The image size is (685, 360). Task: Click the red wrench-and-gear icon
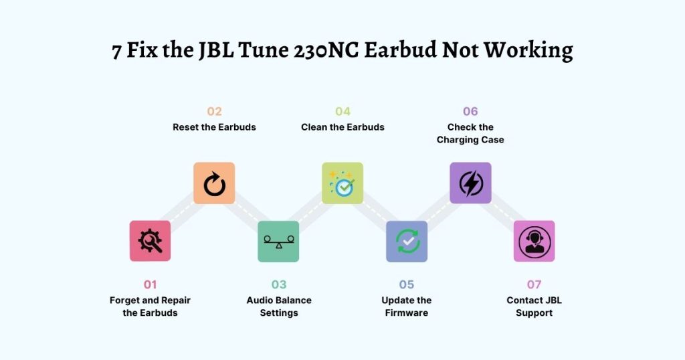150,241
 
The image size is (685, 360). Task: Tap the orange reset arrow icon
214,183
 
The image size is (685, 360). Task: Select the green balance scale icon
278,241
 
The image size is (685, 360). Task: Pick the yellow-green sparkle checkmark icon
342,183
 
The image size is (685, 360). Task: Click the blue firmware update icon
407,241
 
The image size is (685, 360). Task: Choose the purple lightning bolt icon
470,183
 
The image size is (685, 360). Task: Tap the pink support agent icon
534,241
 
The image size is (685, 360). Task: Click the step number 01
150,284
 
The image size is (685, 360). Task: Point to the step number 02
214,111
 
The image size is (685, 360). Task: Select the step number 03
279,284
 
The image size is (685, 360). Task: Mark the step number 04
343,111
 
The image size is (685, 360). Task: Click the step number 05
406,284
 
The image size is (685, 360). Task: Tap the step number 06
470,111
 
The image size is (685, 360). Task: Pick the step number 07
534,284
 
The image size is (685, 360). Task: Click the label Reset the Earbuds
214,127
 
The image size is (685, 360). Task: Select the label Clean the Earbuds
343,127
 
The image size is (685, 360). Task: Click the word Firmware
407,312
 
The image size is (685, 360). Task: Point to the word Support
534,313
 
